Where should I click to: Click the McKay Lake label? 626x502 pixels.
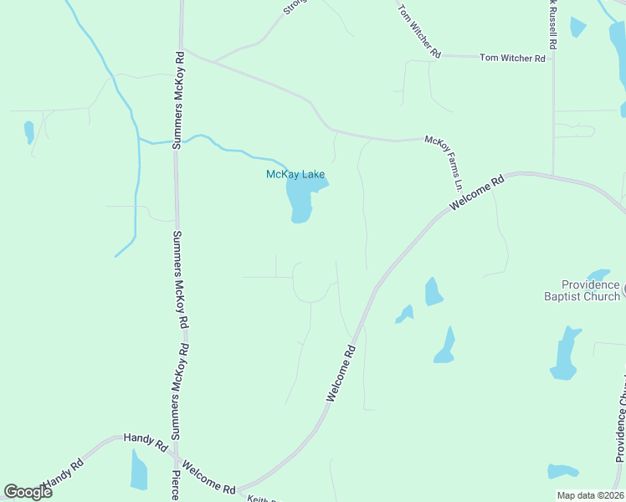click(x=295, y=174)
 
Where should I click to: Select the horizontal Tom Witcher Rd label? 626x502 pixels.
click(x=512, y=58)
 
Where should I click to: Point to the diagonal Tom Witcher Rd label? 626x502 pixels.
click(x=418, y=30)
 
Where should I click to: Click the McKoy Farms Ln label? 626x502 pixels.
click(x=444, y=162)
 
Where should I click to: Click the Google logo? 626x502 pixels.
click(x=28, y=492)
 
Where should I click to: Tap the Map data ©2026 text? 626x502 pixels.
click(x=589, y=495)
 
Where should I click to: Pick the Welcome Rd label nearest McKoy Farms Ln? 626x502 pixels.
click(x=477, y=192)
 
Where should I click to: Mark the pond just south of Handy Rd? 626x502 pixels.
click(x=139, y=470)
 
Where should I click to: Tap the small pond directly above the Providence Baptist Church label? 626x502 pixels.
click(x=599, y=274)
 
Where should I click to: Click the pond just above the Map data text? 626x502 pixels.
click(x=562, y=472)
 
